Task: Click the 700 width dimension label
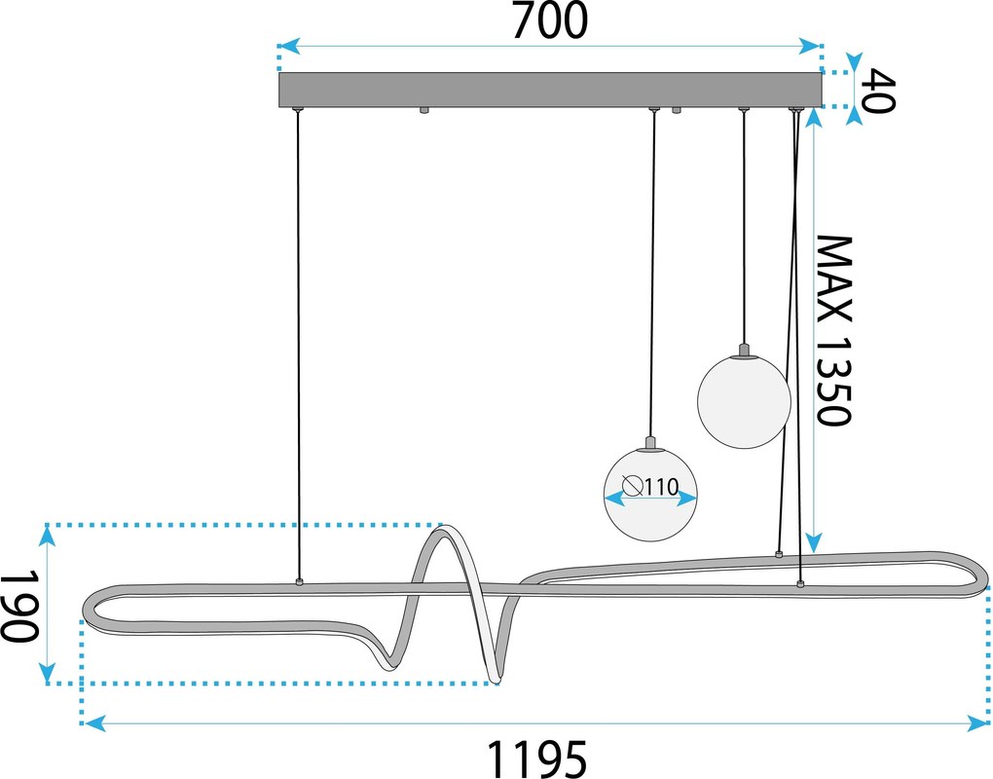(x=550, y=20)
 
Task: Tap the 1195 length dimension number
(x=537, y=759)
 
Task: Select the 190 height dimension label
(x=20, y=606)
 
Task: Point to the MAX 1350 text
(x=833, y=330)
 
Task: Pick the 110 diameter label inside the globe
(x=662, y=487)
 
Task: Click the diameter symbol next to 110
(x=633, y=486)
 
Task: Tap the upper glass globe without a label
(x=744, y=401)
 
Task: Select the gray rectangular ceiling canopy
(x=550, y=90)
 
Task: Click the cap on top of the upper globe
(x=744, y=350)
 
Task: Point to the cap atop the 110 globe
(x=649, y=443)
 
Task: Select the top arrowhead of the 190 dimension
(x=47, y=537)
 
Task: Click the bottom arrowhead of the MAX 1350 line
(x=815, y=543)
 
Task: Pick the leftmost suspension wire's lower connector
(x=299, y=580)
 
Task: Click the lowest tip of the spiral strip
(x=496, y=679)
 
